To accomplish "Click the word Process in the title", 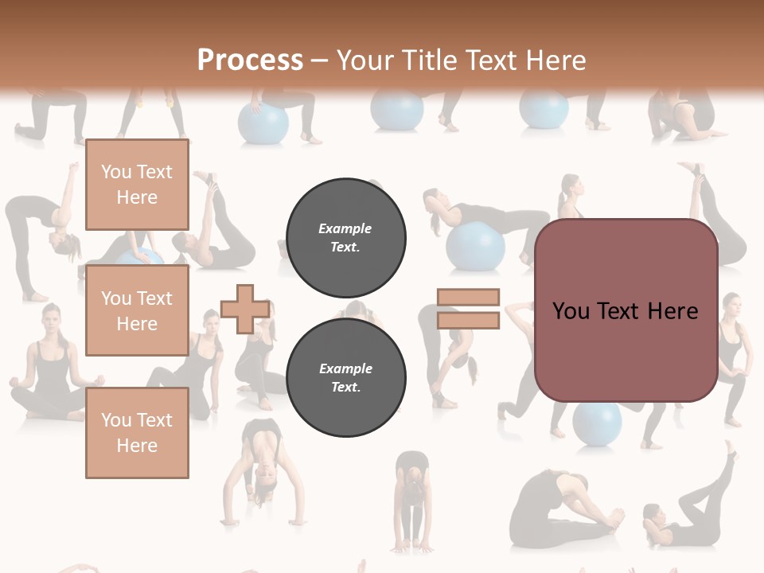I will click(250, 60).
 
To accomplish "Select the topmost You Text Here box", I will click(137, 185).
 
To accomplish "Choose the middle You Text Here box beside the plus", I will click(137, 310).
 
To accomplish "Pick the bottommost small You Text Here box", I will click(137, 432).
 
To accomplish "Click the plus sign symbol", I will click(244, 310).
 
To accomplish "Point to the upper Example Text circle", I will click(346, 238).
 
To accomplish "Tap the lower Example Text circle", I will click(346, 378).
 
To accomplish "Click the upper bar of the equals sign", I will click(469, 298).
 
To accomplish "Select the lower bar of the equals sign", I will click(469, 321).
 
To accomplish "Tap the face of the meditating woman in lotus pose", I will click(51, 320).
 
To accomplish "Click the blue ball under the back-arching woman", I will click(476, 246).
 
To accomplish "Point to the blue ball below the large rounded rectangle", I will click(597, 422).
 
